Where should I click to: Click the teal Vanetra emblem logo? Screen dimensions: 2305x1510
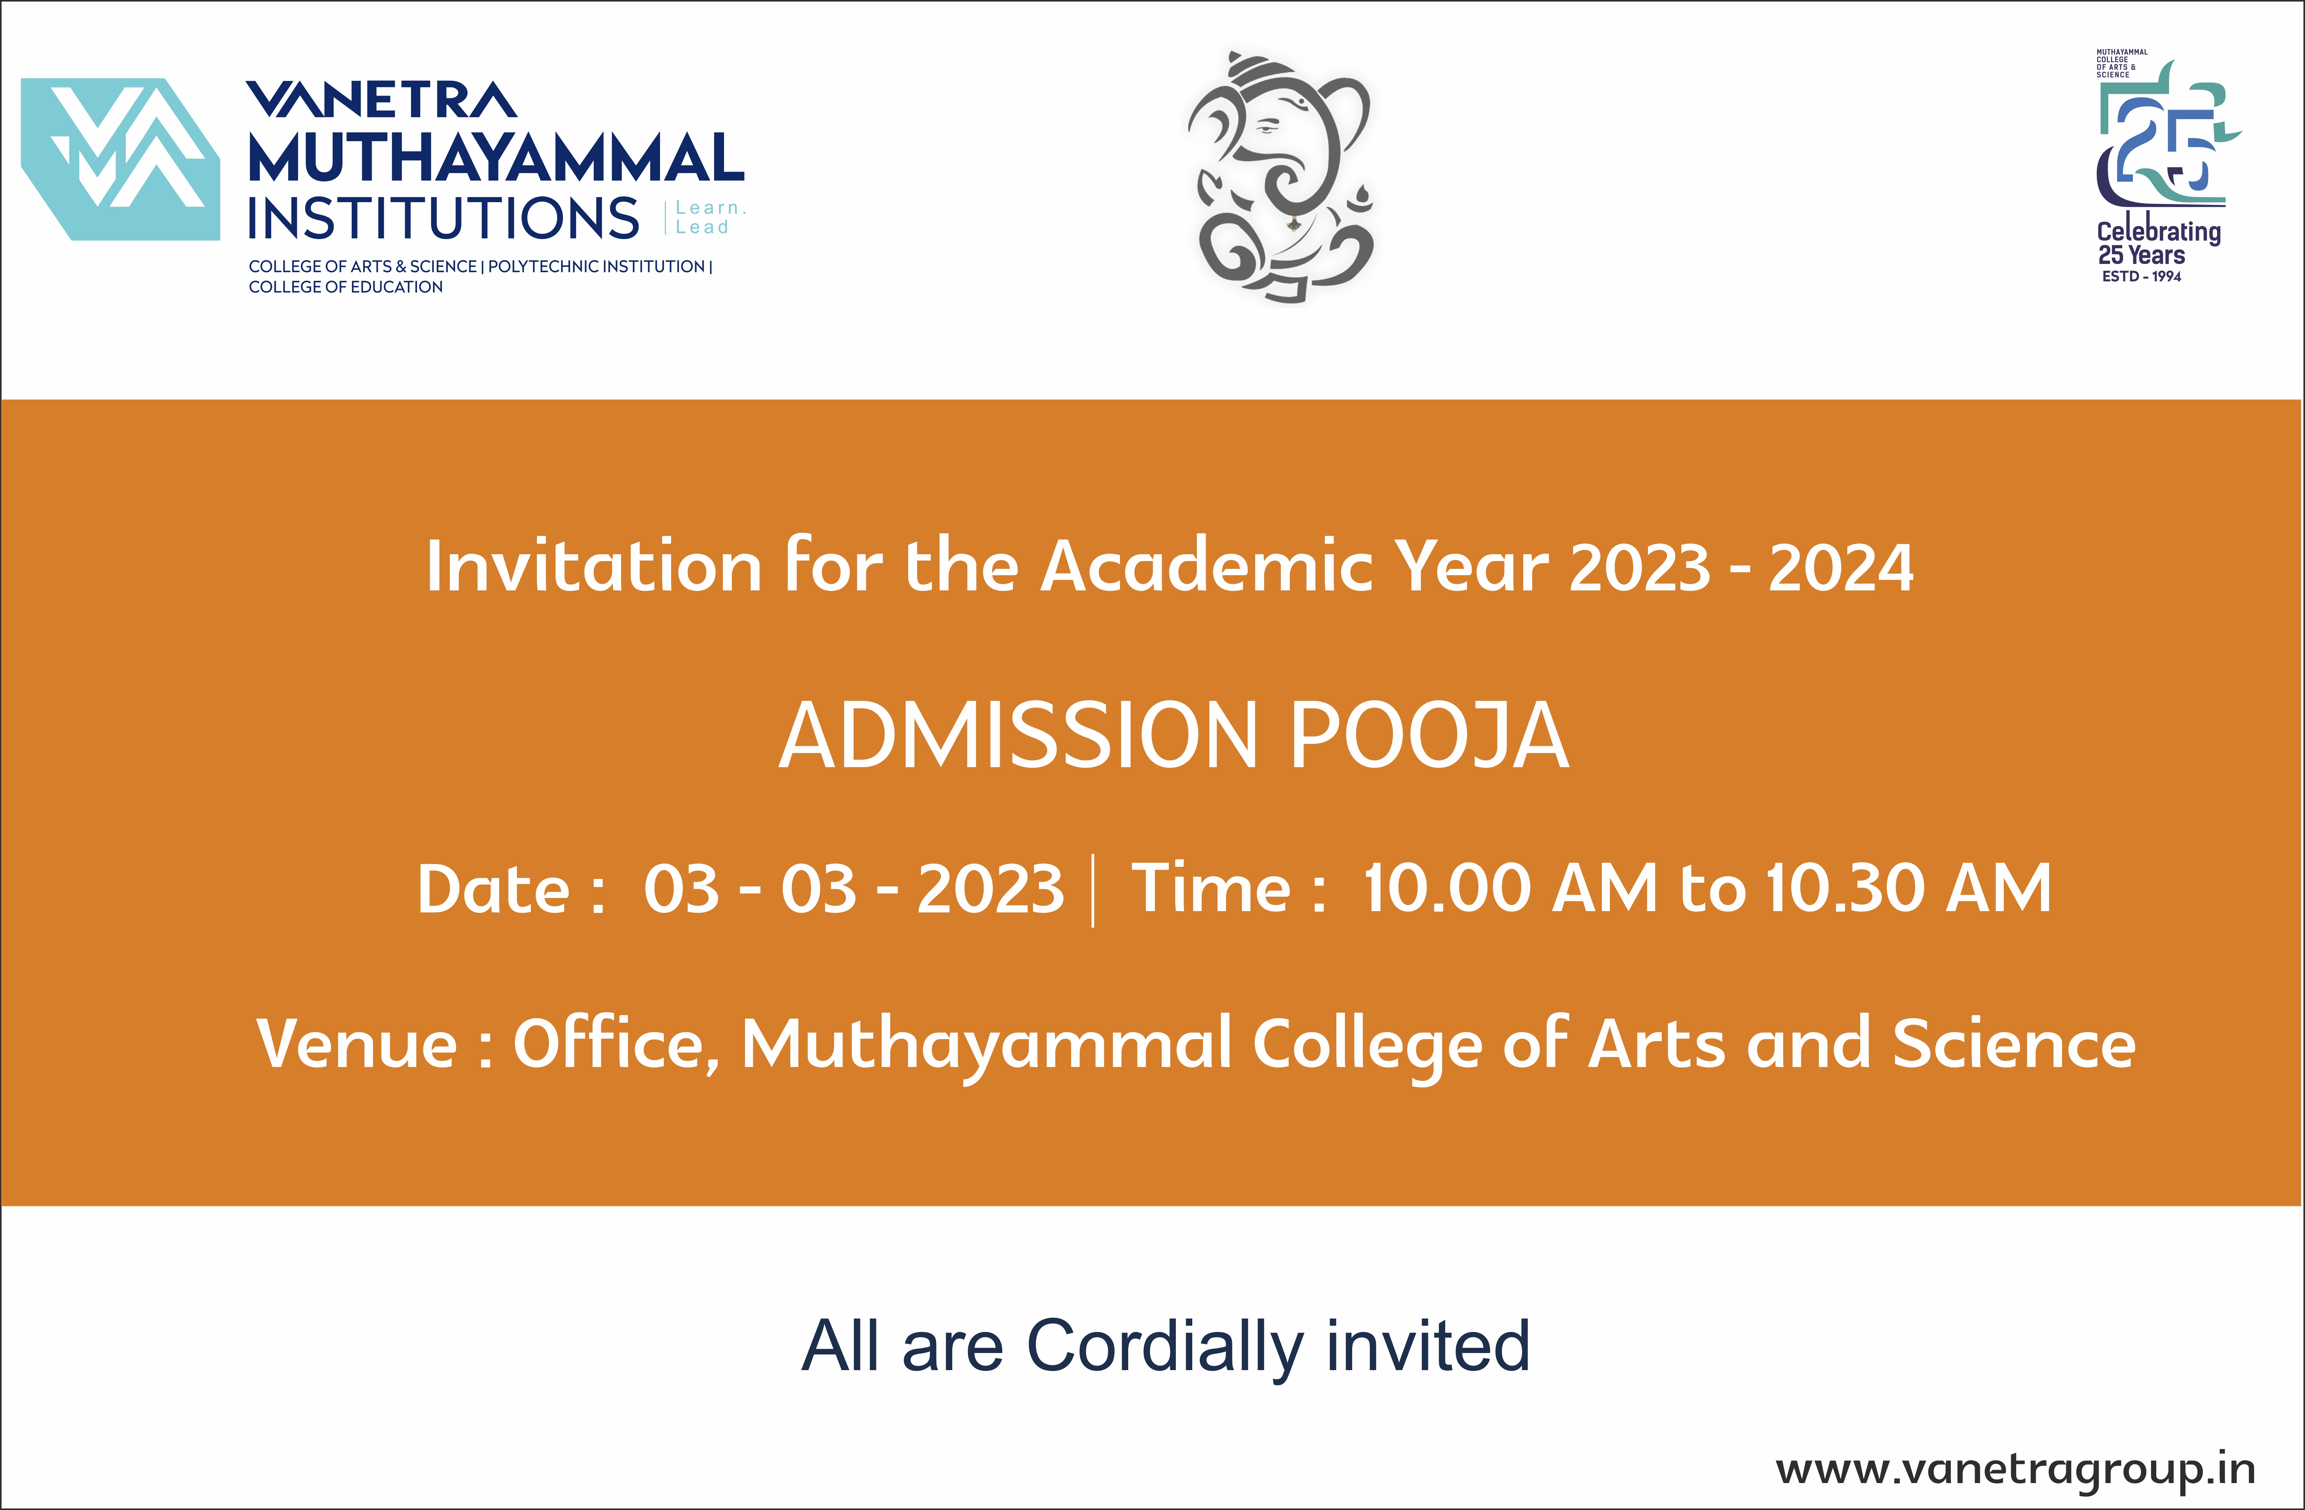[x=120, y=159]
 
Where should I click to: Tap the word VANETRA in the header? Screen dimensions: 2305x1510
[x=382, y=100]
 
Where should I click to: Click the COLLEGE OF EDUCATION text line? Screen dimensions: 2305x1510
[x=346, y=287]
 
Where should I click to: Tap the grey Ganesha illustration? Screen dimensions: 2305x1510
[x=1281, y=177]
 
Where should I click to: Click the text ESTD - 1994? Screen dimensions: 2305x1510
[x=2141, y=276]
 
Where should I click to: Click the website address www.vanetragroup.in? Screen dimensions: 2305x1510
[x=2015, y=1469]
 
